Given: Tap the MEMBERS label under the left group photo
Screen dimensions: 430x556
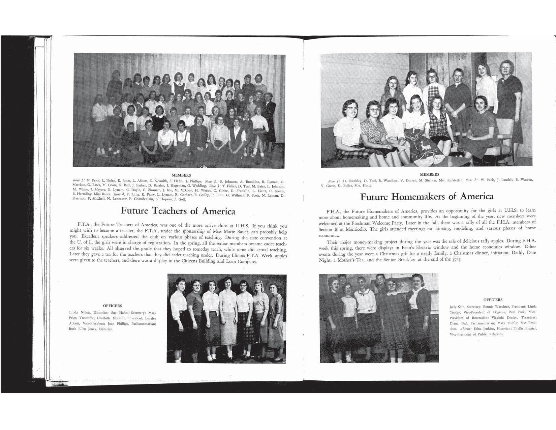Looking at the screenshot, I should pyautogui.click(x=181, y=175).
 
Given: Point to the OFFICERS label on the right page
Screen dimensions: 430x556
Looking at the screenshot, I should pyautogui.click(x=493, y=299).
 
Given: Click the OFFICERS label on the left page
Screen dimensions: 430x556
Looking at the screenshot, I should pyautogui.click(x=113, y=306).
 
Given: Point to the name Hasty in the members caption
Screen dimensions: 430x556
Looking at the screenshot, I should pyautogui.click(x=367, y=185).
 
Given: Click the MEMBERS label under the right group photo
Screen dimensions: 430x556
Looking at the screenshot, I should pyautogui.click(x=429, y=174).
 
